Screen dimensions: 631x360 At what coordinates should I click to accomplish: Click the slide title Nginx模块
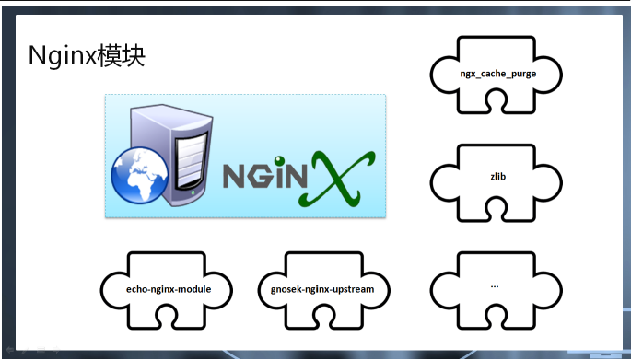(87, 56)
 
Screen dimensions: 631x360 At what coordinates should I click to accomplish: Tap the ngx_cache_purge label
(498, 74)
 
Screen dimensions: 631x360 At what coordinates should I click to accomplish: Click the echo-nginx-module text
(169, 289)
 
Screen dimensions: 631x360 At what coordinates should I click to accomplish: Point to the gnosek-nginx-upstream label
(322, 289)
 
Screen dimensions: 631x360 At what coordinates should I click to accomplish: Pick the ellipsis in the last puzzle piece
(495, 285)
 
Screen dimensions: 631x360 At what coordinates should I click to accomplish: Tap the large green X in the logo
(337, 178)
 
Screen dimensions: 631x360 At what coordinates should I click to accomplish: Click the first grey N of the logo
(234, 178)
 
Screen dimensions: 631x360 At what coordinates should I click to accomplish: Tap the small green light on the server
(193, 193)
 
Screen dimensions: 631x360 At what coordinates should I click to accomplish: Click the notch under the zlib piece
(496, 210)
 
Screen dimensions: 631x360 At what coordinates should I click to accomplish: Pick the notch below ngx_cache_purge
(496, 101)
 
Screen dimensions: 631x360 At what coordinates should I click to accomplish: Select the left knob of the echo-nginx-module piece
(114, 290)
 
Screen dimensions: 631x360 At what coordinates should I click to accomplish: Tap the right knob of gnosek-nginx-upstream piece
(377, 290)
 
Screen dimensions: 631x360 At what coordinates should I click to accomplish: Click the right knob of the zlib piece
(548, 181)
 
